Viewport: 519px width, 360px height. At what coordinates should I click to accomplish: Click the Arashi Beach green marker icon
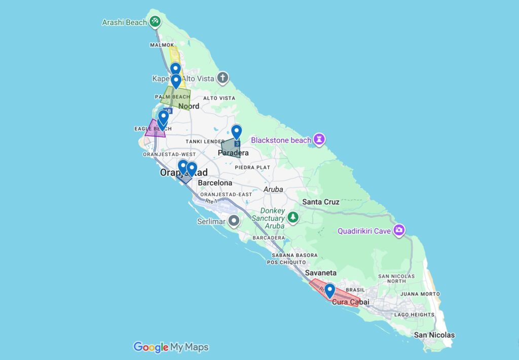(x=156, y=22)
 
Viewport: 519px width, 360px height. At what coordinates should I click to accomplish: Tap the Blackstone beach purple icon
(x=319, y=139)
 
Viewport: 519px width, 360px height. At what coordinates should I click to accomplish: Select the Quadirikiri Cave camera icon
(x=399, y=231)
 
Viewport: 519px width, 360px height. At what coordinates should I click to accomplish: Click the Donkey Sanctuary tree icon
(x=293, y=218)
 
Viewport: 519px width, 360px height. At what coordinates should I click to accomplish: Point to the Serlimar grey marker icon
(x=234, y=221)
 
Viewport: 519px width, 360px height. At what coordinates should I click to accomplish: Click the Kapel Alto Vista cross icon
(x=222, y=79)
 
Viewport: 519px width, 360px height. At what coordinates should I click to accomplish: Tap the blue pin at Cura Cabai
(x=329, y=290)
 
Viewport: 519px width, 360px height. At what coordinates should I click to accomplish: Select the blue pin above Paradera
(x=236, y=131)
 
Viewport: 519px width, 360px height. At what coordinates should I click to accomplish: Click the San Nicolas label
(x=434, y=335)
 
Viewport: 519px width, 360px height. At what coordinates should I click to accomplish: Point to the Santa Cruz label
(x=320, y=202)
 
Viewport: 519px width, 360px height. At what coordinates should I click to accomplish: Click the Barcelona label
(x=215, y=183)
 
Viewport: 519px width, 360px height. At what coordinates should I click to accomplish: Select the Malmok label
(x=162, y=45)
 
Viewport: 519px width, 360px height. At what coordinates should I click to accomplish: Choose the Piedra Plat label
(x=252, y=167)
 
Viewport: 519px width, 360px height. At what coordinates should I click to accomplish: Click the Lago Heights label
(x=414, y=315)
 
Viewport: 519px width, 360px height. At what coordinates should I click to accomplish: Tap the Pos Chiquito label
(x=286, y=262)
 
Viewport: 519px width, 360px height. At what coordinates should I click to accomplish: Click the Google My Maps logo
(x=171, y=347)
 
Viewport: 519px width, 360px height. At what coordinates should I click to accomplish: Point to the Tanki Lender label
(x=202, y=141)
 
